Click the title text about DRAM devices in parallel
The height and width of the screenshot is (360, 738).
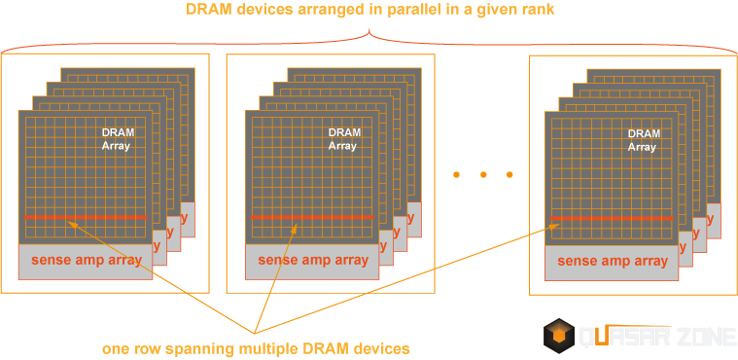369,11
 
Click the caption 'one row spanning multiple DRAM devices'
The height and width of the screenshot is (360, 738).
257,347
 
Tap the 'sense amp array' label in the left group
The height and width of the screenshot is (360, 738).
86,261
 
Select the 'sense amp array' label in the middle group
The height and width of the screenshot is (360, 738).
313,261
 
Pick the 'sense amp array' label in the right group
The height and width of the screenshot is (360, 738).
613,261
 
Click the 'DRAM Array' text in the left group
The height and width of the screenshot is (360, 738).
116,138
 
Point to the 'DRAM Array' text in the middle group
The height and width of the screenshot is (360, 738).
342,138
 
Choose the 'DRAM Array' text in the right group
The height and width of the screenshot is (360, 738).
643,138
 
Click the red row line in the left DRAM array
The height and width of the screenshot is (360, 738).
86,217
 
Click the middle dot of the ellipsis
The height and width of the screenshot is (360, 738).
481,175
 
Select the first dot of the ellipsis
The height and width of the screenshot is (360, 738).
456,175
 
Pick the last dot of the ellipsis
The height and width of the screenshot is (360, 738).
508,175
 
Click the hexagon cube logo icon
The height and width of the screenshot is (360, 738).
559,336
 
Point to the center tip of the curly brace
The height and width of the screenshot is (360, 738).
369,34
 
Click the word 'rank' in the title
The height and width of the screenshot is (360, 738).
535,11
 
